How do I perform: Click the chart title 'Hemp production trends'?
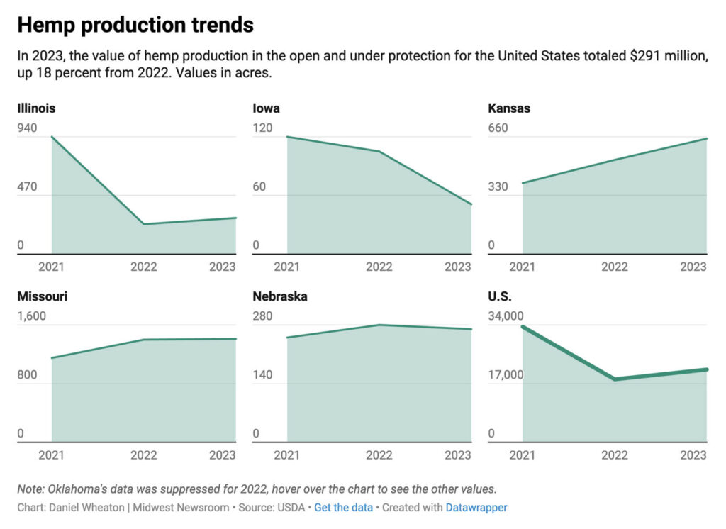135,25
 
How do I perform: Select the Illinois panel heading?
36,108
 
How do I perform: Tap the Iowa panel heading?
266,108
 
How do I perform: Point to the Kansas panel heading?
509,108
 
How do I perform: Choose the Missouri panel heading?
42,296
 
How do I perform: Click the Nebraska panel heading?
280,296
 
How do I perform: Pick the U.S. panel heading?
500,296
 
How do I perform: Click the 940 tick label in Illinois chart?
27,128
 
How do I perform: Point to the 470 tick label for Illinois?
27,187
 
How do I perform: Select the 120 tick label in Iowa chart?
262,128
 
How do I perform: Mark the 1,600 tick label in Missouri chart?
31,316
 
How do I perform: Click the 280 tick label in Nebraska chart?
262,316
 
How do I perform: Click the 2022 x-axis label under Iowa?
379,267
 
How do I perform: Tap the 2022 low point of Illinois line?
144,224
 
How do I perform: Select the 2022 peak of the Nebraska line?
379,325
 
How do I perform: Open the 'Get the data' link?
342,508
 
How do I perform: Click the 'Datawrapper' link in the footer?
476,508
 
